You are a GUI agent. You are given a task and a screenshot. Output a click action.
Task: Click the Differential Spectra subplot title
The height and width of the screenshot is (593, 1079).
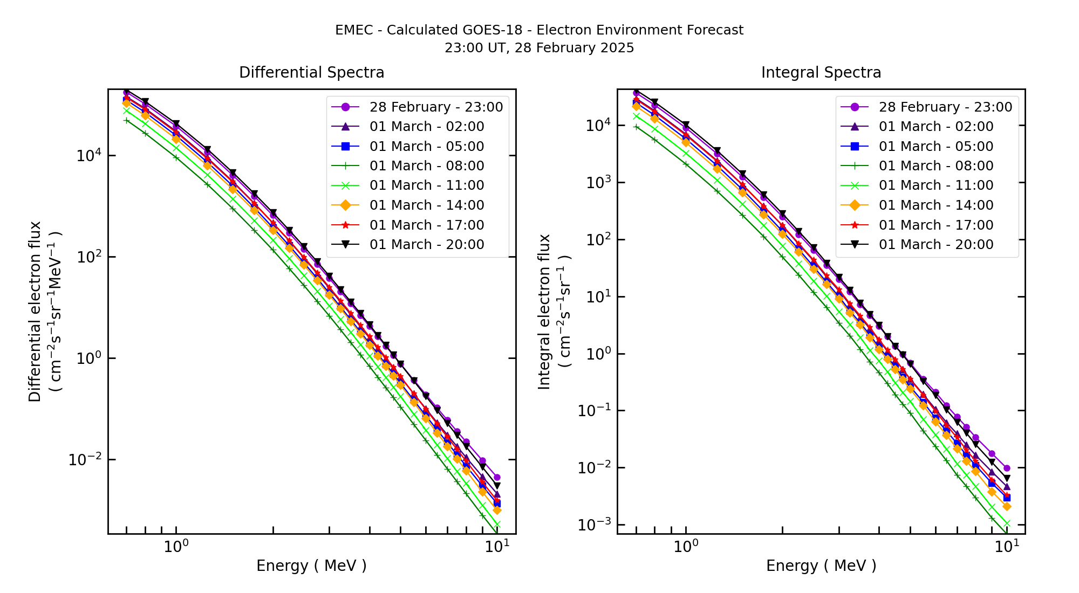click(x=311, y=73)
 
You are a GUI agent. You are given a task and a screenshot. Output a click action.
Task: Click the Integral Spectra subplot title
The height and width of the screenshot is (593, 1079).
click(x=821, y=73)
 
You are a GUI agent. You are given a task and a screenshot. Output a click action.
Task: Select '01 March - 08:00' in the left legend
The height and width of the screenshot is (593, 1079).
click(x=426, y=166)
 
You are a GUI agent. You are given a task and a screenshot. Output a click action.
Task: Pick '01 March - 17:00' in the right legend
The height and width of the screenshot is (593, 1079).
click(x=935, y=225)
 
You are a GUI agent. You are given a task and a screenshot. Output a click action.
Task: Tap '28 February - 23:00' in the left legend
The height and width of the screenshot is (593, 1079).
click(x=435, y=107)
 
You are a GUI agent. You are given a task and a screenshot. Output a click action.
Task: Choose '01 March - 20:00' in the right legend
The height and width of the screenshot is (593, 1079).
click(x=935, y=245)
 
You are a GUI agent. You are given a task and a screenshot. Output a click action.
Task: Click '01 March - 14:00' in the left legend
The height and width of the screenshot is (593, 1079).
click(x=426, y=205)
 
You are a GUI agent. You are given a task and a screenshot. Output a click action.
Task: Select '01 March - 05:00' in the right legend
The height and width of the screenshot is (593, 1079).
click(x=935, y=147)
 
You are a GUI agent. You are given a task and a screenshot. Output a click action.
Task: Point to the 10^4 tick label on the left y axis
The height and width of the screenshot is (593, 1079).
click(x=88, y=156)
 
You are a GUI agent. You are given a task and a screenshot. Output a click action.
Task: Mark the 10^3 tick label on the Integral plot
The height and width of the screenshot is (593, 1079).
click(x=598, y=182)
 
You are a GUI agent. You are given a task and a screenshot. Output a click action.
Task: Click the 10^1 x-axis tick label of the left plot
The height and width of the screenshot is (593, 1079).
click(x=496, y=547)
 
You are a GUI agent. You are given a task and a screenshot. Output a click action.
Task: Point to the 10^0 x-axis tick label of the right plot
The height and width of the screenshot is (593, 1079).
click(x=686, y=547)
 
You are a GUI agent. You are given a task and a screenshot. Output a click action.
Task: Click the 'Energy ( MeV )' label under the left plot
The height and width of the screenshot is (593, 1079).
click(x=311, y=566)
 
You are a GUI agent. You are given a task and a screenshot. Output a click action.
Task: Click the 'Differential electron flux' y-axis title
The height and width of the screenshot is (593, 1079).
click(x=35, y=312)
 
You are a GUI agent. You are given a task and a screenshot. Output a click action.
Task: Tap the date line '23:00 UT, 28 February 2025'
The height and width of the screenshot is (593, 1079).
click(x=539, y=48)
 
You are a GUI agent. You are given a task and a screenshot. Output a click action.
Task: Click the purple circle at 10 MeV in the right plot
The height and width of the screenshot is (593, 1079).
click(x=1006, y=468)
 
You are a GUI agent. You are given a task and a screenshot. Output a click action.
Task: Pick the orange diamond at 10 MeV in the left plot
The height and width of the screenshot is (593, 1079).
click(x=497, y=510)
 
